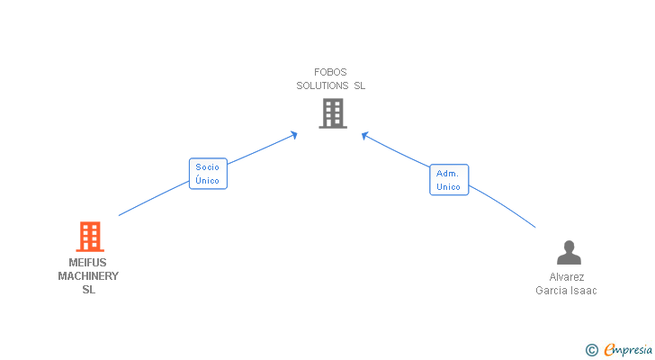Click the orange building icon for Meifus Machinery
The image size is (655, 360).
pyautogui.click(x=89, y=236)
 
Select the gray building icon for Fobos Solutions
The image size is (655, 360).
pyautogui.click(x=332, y=112)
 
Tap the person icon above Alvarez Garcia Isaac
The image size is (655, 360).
pyautogui.click(x=569, y=252)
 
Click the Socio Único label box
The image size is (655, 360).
pyautogui.click(x=207, y=174)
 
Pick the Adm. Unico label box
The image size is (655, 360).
pyautogui.click(x=448, y=180)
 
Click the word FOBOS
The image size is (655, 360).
pyautogui.click(x=330, y=72)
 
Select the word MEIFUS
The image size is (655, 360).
pyautogui.click(x=87, y=263)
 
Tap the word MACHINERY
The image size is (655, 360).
pyautogui.click(x=88, y=276)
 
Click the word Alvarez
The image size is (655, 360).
pyautogui.click(x=567, y=277)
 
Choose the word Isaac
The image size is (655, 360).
pyautogui.click(x=582, y=291)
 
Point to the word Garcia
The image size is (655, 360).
pyautogui.click(x=551, y=291)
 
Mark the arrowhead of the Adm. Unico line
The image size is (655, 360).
pyautogui.click(x=365, y=135)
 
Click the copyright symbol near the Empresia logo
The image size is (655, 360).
pyautogui.click(x=591, y=350)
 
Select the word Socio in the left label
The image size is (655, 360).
pyautogui.click(x=207, y=167)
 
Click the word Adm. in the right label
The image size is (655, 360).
pyautogui.click(x=448, y=173)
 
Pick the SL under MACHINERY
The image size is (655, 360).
pyautogui.click(x=88, y=290)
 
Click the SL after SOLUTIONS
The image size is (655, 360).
pyautogui.click(x=359, y=85)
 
